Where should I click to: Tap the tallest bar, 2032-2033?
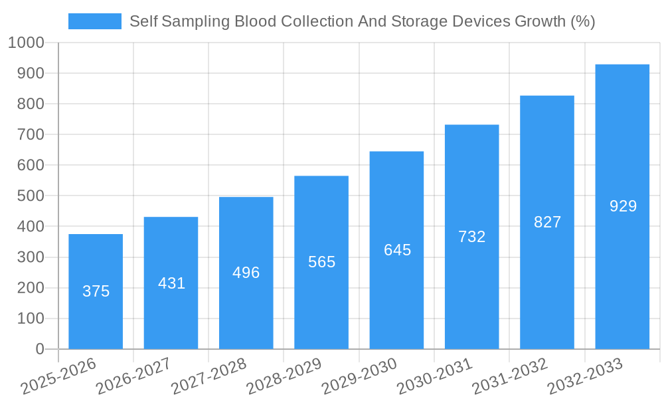(622, 266)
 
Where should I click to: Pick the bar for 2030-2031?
(471, 293)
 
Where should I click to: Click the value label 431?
(171, 283)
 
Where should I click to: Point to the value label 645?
(397, 250)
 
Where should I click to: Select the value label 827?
(547, 222)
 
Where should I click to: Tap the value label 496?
(246, 273)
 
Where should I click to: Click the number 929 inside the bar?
(623, 206)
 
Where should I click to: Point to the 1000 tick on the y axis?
(26, 43)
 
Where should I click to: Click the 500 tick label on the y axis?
(31, 196)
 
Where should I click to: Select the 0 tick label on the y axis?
(39, 349)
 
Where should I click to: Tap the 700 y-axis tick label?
(31, 135)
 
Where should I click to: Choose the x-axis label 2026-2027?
(133, 376)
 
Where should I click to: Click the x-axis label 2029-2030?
(359, 376)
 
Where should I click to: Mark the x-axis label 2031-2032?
(509, 376)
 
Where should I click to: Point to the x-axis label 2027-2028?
(208, 376)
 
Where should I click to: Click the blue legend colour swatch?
(94, 21)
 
